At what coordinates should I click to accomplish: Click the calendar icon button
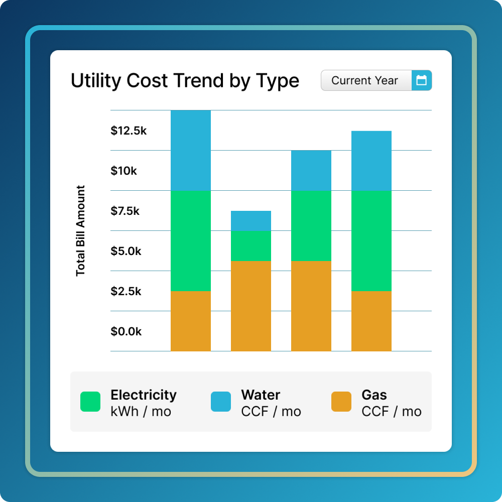422,80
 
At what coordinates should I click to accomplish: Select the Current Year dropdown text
365,80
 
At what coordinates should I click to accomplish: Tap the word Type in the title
278,81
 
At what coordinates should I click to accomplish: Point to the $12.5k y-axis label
129,131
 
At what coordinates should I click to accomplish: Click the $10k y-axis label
123,171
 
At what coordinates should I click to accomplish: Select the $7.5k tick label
125,211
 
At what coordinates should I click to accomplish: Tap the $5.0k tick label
126,252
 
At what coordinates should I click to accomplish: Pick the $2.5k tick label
126,292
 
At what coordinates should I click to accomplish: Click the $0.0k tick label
126,332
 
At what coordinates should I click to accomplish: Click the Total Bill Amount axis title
81,231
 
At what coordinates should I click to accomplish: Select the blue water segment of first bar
191,151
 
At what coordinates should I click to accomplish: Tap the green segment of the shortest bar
251,246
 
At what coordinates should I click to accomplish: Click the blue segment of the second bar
251,221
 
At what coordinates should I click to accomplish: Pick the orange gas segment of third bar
311,306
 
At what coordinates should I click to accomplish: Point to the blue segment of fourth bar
371,161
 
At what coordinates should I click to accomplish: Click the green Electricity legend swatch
90,402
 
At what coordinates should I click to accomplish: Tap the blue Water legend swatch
221,402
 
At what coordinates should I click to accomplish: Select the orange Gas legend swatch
341,402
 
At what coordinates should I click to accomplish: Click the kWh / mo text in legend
141,412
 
